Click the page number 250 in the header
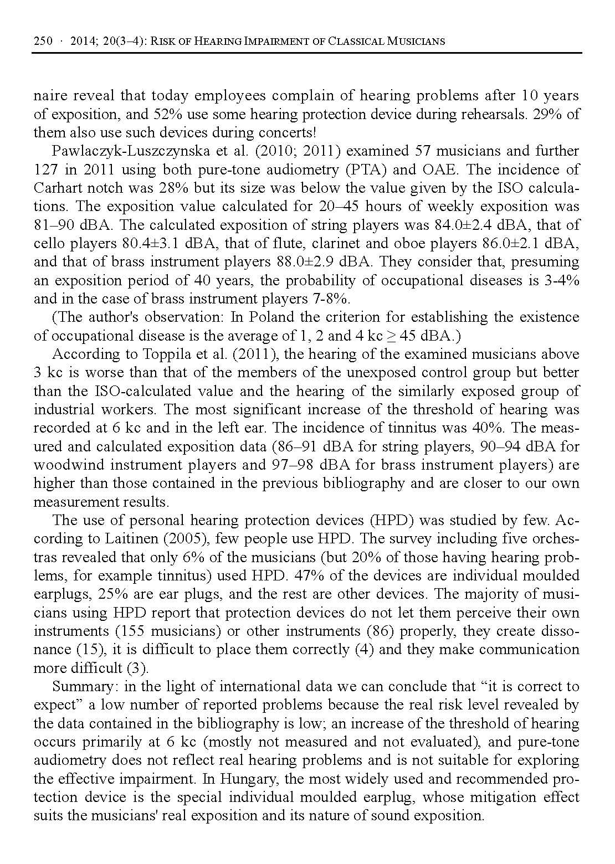pyautogui.click(x=43, y=41)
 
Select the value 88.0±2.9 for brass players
pyautogui.click(x=305, y=261)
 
